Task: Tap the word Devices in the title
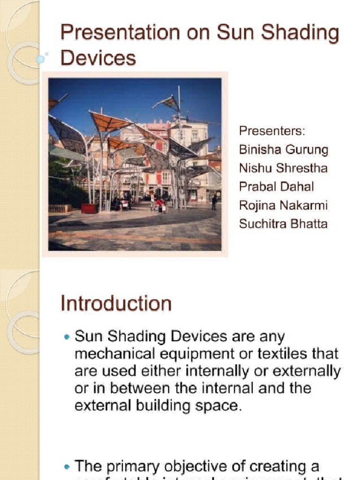tap(98, 59)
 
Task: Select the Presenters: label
tap(272, 131)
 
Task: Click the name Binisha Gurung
tap(284, 150)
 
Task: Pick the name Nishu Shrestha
tap(283, 168)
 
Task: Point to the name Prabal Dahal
tap(276, 187)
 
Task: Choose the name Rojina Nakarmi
tap(283, 205)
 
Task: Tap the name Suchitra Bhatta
tap(283, 224)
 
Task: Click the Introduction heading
tap(116, 304)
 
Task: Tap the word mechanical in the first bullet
tap(111, 354)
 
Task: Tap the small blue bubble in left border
tap(40, 60)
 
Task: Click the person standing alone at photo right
tap(214, 202)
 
